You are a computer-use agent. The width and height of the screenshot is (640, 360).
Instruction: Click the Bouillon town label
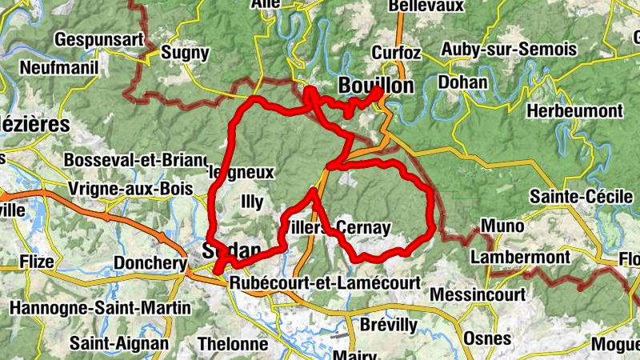click(x=375, y=86)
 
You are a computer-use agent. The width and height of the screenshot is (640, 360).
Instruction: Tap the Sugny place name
click(x=185, y=54)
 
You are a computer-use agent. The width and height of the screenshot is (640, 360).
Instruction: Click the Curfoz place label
click(x=395, y=53)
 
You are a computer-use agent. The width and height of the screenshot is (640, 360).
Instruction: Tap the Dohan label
click(x=463, y=82)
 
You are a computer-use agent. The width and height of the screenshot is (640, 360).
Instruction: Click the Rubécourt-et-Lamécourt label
click(x=324, y=283)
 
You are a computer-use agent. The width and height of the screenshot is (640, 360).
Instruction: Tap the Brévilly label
click(x=389, y=325)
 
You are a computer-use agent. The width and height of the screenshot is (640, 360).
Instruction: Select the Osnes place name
click(x=486, y=338)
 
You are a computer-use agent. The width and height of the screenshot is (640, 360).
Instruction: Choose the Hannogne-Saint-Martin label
click(x=100, y=307)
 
